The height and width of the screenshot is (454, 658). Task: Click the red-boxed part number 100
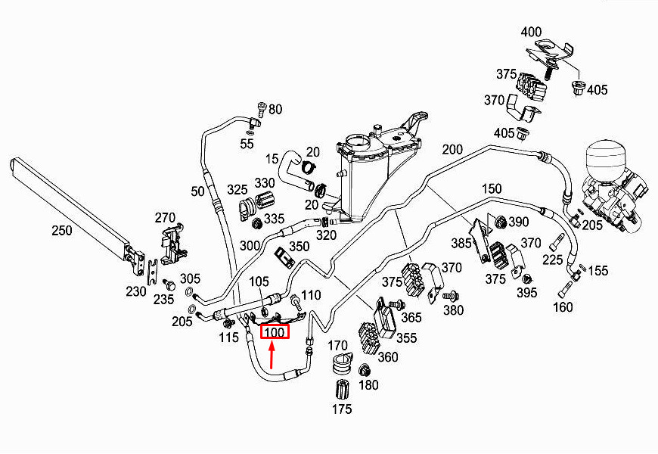click(x=275, y=331)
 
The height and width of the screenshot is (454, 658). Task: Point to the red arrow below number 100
click(x=272, y=356)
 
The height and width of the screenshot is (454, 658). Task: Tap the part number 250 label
click(x=62, y=230)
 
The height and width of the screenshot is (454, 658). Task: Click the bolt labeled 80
click(x=262, y=109)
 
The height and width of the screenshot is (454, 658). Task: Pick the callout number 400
click(x=531, y=32)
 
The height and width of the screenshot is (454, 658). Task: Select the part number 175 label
click(x=342, y=409)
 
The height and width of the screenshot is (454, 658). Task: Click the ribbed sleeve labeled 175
click(x=343, y=390)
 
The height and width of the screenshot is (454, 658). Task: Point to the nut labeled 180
click(x=364, y=371)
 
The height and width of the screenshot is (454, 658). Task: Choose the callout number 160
click(x=563, y=307)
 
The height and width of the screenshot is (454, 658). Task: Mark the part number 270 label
click(x=165, y=218)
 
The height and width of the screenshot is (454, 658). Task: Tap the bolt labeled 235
click(x=169, y=285)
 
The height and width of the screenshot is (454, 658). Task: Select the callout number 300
click(x=250, y=245)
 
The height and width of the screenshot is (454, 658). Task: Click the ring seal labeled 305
click(x=189, y=291)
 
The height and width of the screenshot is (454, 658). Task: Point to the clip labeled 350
click(x=284, y=258)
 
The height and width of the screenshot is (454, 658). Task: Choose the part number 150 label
click(x=492, y=188)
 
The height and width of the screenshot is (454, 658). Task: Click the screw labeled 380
click(x=450, y=296)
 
